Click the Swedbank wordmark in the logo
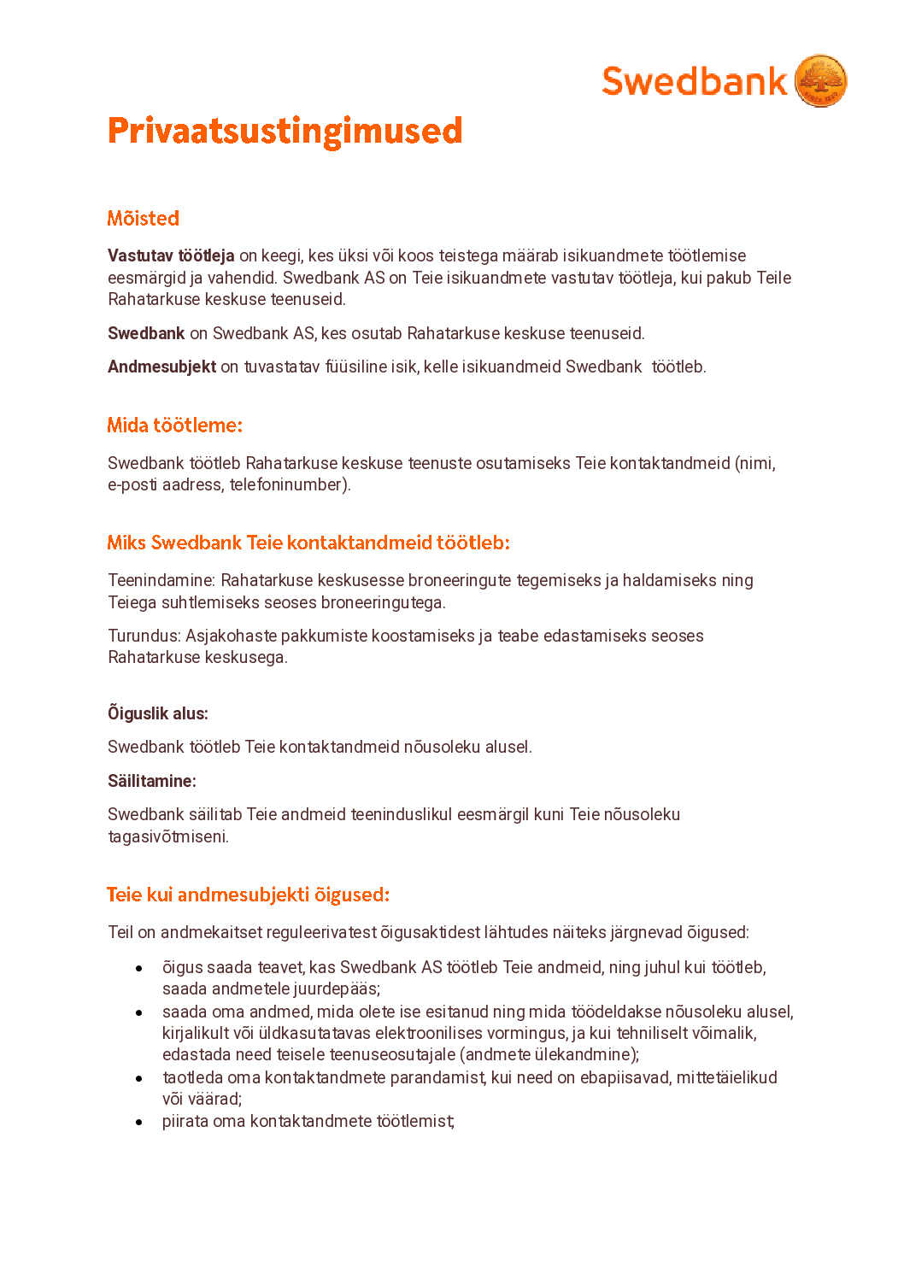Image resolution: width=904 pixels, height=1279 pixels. pos(694,82)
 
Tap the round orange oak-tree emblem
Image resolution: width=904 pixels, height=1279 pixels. pos(820,81)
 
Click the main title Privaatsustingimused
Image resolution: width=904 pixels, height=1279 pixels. pos(285,131)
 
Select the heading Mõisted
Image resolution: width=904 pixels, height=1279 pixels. pos(143,219)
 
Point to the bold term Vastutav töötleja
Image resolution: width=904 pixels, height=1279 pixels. pos(171,255)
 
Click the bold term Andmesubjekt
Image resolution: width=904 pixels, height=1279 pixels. pos(161,367)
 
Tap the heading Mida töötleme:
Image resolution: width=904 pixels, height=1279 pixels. pos(174,425)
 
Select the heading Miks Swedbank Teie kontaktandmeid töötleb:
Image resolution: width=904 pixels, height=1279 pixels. pos(308,543)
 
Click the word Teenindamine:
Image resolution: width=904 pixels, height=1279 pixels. pos(161,580)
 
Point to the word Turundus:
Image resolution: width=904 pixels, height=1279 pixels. pos(144,636)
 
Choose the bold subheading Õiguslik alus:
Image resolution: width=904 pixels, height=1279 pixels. pos(157,713)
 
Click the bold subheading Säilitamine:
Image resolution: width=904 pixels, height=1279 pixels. pos(151,781)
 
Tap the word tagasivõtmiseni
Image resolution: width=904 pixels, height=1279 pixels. pos(167,836)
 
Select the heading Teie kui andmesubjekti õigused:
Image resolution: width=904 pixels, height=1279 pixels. pos(248,895)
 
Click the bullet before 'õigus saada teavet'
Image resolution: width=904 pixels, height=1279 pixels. pos(138,968)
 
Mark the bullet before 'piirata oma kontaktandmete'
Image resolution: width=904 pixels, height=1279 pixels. pos(138,1122)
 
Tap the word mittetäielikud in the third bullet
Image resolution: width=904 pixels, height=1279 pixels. pos(726,1077)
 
